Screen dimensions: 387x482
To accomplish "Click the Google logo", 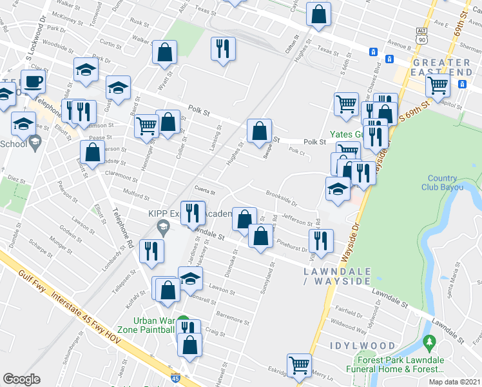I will (21, 379).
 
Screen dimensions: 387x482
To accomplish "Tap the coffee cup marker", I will (32, 83).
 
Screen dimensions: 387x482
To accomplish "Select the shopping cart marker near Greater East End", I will (438, 84).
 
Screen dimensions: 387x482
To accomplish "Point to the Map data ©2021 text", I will (455, 382).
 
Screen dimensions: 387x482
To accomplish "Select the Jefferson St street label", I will (297, 221).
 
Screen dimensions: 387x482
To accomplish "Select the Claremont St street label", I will (122, 174).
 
